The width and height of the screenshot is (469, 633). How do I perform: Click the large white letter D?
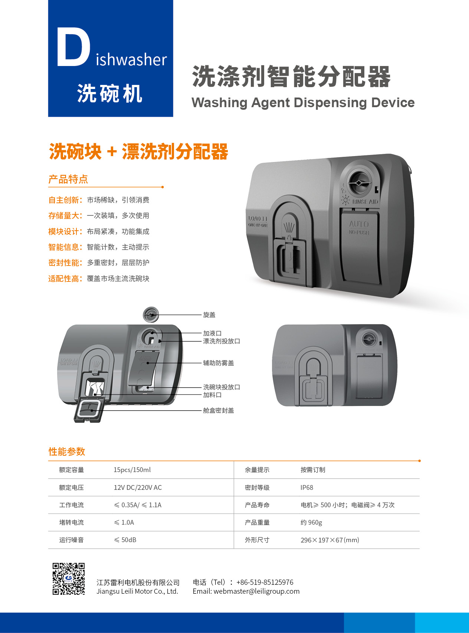(x=73, y=47)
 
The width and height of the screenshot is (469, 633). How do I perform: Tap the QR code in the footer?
(x=69, y=578)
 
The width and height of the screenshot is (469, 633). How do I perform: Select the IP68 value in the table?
(x=307, y=488)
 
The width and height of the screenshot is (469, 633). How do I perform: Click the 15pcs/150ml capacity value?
(x=132, y=470)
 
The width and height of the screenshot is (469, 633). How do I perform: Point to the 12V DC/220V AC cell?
(x=138, y=488)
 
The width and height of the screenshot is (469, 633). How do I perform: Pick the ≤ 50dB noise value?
(x=125, y=540)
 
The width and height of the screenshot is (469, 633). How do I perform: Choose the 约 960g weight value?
(x=311, y=522)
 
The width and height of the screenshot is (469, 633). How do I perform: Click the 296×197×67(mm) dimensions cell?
(x=330, y=540)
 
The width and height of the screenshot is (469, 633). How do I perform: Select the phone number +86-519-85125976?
(x=265, y=582)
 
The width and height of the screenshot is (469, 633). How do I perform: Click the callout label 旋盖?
(x=209, y=315)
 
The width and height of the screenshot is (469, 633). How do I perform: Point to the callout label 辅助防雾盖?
(x=219, y=363)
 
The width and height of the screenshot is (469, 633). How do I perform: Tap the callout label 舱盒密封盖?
(x=219, y=411)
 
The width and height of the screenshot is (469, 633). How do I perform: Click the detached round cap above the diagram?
(x=151, y=315)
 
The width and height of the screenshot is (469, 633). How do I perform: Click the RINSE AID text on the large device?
(x=365, y=202)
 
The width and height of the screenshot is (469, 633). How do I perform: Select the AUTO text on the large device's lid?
(x=359, y=224)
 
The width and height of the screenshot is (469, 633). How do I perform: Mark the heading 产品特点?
(x=68, y=179)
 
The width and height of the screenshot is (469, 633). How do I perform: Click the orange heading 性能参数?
(x=67, y=452)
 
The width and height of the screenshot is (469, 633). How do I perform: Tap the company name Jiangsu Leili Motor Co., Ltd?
(x=137, y=591)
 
